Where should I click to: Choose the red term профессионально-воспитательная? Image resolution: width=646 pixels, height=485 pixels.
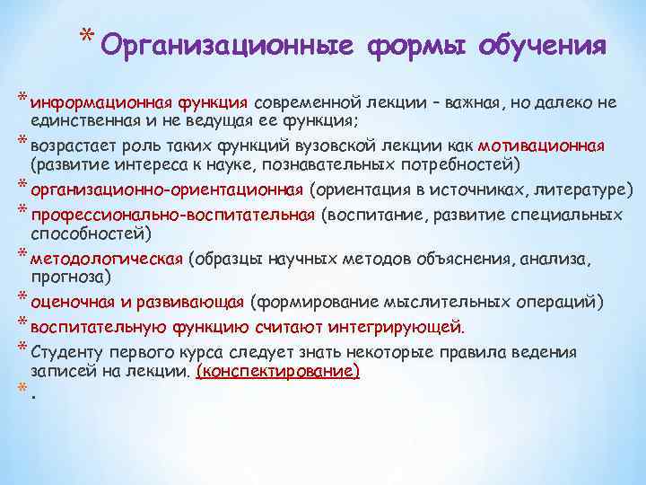coord(172,216)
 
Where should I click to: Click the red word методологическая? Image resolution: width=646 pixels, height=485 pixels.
coord(106,259)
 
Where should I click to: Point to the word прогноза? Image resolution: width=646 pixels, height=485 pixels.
coord(70,275)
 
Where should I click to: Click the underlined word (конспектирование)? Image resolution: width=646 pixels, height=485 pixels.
coord(277,370)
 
